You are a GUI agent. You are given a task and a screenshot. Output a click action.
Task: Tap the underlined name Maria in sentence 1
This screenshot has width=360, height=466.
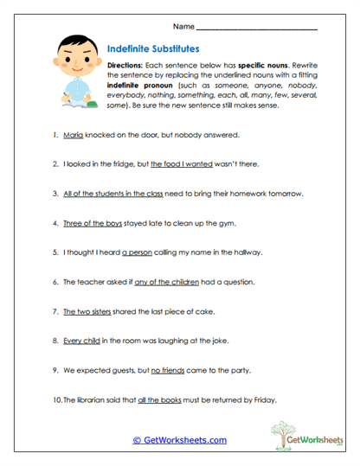coord(74,135)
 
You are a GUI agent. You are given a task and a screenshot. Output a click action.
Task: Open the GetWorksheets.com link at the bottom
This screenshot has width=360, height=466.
coord(179,440)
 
